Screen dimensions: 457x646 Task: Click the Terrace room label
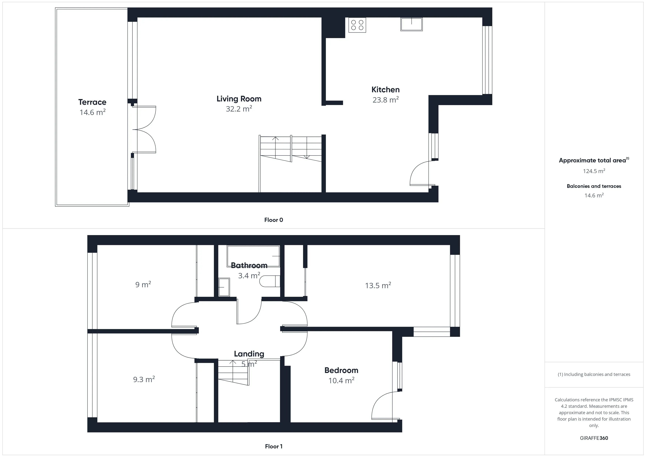tap(92, 102)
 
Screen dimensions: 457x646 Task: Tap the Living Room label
tap(239, 99)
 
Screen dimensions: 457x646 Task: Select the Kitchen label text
tap(385, 90)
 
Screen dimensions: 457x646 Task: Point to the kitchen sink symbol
tap(411, 24)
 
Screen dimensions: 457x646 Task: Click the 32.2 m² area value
tap(239, 109)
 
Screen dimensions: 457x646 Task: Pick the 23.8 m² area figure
tap(385, 100)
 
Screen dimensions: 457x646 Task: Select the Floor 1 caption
tap(274, 446)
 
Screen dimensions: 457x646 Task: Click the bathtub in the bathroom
tap(253, 256)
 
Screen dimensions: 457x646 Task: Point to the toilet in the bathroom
tap(270, 281)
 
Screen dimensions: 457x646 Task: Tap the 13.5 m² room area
tap(378, 286)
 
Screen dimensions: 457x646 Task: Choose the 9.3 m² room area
tap(144, 380)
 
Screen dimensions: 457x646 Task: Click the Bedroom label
tap(341, 370)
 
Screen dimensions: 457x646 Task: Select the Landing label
tap(249, 354)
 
